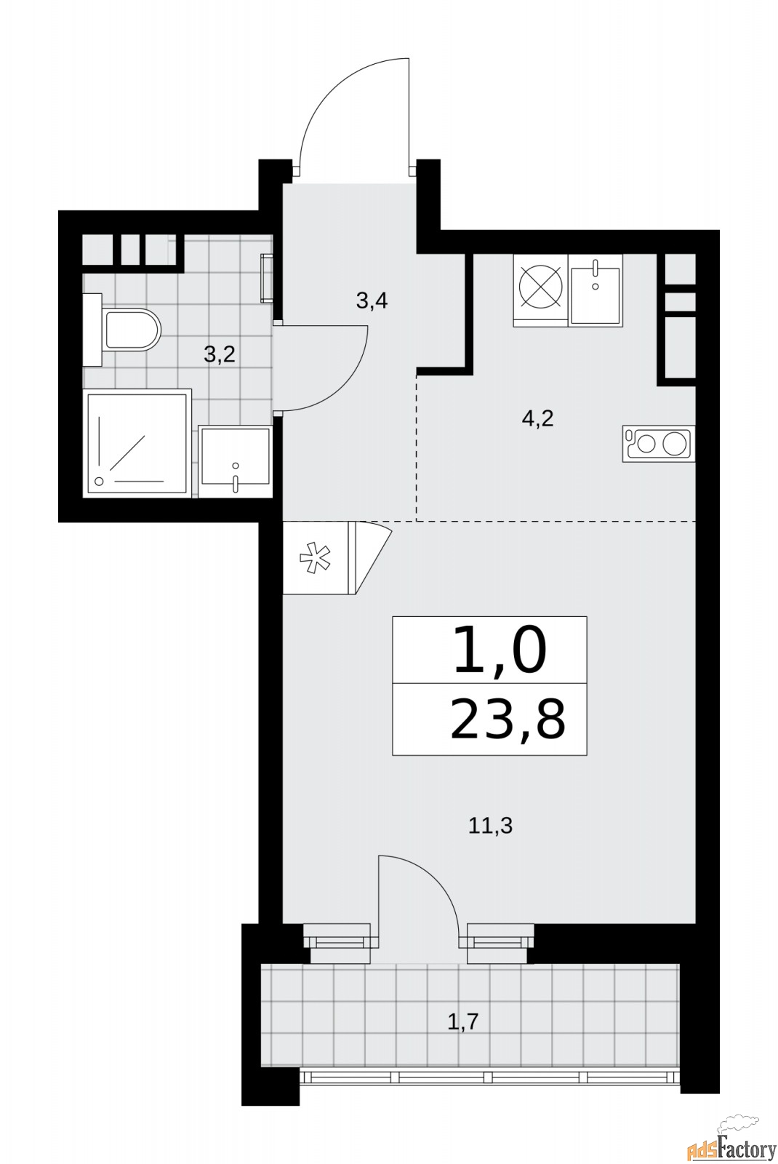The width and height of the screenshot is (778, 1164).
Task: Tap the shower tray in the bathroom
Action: pyautogui.click(x=137, y=444)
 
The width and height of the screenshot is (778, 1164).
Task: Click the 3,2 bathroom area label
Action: pyautogui.click(x=219, y=355)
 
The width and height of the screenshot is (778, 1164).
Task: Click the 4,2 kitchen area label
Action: pyautogui.click(x=537, y=418)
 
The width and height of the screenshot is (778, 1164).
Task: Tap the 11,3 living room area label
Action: pyautogui.click(x=490, y=826)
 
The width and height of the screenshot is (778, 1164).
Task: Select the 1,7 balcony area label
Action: pyautogui.click(x=462, y=1022)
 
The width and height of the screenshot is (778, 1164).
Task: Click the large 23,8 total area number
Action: pyautogui.click(x=507, y=719)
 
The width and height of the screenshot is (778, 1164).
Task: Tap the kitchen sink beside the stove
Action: pyautogui.click(x=595, y=289)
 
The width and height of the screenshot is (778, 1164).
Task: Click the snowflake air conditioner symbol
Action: pyautogui.click(x=315, y=559)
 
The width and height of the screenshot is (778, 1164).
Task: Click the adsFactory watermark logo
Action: pyautogui.click(x=730, y=1147)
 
